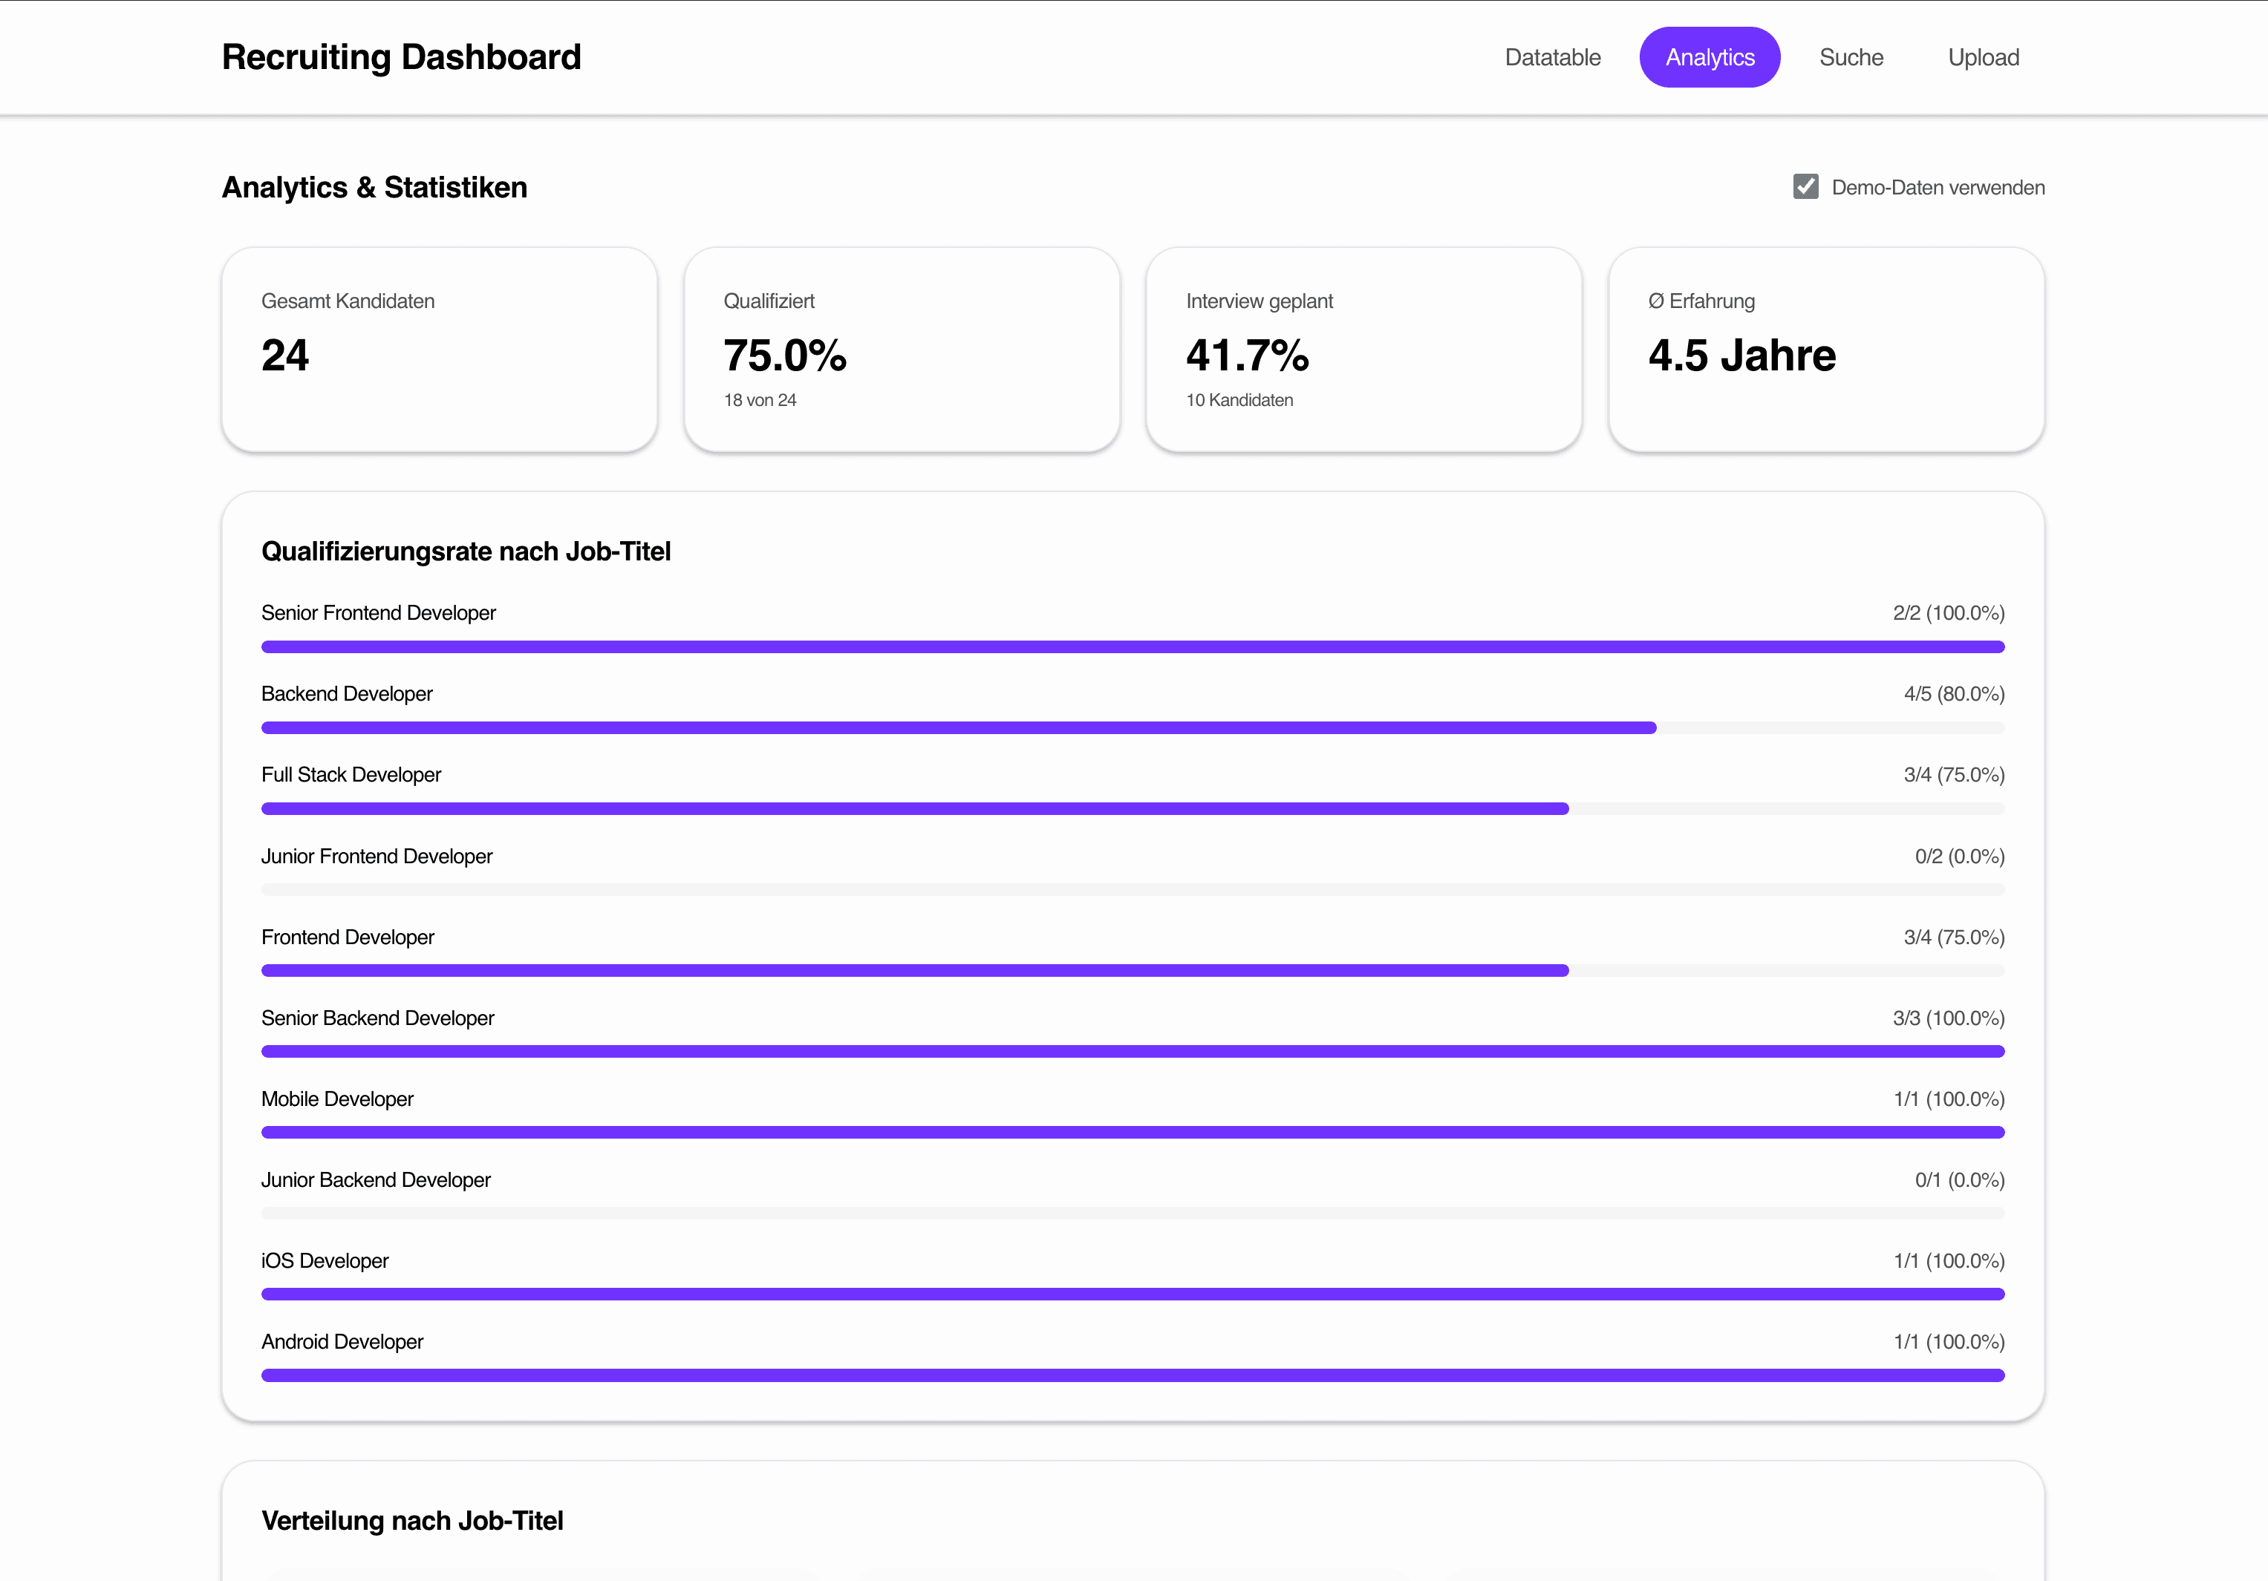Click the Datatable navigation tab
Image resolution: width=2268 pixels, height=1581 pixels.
(x=1552, y=57)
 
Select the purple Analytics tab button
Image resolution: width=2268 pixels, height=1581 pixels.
(x=1709, y=57)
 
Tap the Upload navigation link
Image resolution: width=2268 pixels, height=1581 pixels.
(x=1983, y=57)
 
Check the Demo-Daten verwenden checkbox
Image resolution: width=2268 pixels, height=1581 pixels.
(x=1805, y=186)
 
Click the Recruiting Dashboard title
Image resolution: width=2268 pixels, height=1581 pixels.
(x=401, y=57)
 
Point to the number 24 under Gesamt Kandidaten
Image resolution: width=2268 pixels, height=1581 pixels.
(x=284, y=356)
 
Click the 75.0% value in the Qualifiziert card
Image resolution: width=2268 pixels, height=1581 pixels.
(x=784, y=356)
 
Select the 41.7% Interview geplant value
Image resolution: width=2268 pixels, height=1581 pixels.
(x=1247, y=356)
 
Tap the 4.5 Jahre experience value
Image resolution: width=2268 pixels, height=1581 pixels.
(x=1741, y=356)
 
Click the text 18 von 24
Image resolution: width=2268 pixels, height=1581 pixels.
(x=760, y=400)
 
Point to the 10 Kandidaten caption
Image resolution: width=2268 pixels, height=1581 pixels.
(x=1239, y=400)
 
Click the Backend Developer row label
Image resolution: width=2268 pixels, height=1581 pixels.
(x=347, y=694)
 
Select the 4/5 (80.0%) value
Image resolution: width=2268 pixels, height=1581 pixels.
(x=1953, y=694)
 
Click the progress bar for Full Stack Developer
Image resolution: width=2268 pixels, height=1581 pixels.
(x=913, y=809)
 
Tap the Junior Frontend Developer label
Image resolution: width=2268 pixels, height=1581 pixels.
(x=377, y=856)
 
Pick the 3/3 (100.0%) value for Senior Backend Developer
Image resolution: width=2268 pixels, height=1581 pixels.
(x=1948, y=1018)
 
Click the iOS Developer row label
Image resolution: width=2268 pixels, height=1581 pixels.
(x=325, y=1261)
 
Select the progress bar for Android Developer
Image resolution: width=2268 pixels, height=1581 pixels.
(x=1132, y=1375)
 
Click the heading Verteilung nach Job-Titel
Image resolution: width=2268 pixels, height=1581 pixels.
(x=412, y=1521)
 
